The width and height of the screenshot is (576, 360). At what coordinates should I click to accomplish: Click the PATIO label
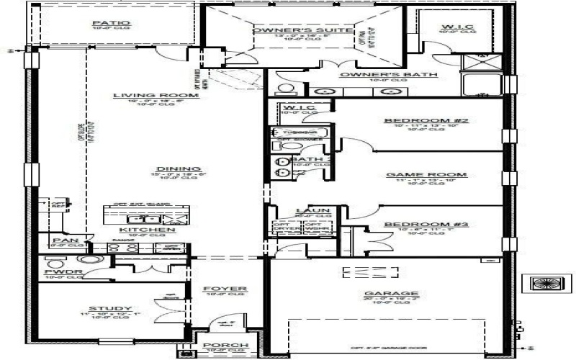tap(111, 23)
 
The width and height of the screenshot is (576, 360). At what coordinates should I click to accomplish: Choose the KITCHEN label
tap(147, 230)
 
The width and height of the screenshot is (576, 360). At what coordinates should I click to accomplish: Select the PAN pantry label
tap(61, 241)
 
